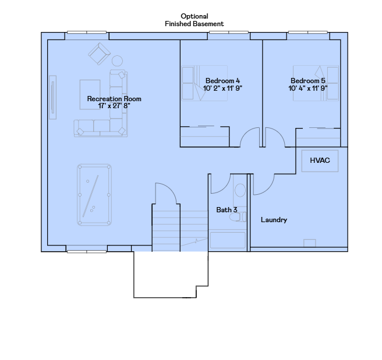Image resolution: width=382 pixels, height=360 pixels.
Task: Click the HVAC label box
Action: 320,161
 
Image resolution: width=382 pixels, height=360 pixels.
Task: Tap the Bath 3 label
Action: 227,210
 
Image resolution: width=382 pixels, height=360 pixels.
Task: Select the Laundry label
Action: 274,220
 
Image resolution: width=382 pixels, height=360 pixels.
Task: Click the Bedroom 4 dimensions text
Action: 222,88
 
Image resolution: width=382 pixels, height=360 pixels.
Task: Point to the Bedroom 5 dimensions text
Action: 308,88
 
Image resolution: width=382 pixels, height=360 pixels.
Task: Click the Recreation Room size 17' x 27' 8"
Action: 114,106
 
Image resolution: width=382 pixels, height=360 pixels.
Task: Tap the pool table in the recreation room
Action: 94,195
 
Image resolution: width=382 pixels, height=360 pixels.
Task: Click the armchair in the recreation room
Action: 99,54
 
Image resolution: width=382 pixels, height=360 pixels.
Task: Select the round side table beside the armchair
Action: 117,61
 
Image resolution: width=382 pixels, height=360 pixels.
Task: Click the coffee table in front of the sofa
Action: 90,94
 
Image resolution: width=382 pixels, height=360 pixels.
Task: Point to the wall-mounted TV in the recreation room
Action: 52,97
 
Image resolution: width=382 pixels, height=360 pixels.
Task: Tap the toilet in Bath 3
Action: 238,217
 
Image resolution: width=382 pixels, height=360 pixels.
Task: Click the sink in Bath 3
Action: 240,190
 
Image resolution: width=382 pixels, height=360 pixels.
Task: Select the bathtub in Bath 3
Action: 228,240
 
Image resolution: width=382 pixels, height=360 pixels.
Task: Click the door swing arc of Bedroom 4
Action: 248,131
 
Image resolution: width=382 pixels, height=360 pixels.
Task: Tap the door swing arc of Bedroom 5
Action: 278,132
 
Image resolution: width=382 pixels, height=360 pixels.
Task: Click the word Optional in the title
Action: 194,16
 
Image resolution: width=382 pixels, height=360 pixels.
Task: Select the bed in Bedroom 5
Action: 316,83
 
